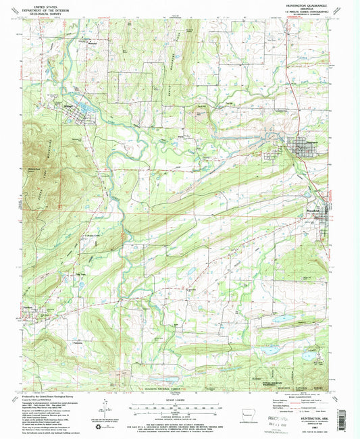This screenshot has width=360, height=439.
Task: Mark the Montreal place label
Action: click(x=91, y=45)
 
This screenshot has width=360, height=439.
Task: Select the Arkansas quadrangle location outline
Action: click(x=236, y=411)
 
